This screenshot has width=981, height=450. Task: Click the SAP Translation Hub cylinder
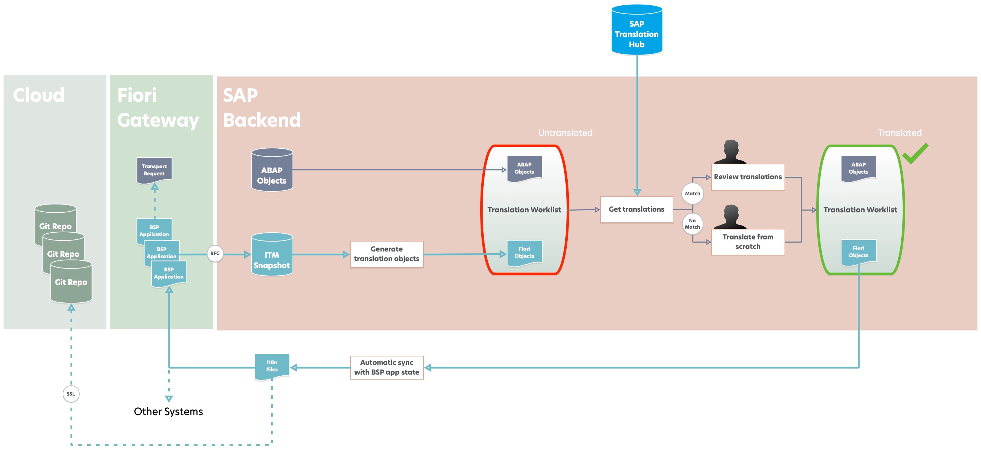point(637,31)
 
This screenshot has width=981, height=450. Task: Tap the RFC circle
point(215,254)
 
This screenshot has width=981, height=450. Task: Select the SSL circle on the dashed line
point(71,394)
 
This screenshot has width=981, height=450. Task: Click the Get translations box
point(636,210)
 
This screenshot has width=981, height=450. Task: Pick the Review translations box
point(747,177)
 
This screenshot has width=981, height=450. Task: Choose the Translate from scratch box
point(747,242)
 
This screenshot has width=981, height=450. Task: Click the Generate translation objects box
point(387,254)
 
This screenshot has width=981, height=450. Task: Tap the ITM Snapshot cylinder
point(272,255)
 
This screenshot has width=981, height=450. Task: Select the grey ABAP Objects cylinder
point(272,170)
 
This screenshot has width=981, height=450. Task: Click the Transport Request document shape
point(154,170)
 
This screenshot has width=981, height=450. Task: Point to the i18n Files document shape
point(272,366)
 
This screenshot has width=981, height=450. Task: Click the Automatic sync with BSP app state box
point(387,367)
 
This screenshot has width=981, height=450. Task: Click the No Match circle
point(692,224)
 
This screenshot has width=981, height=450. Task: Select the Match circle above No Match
point(692,194)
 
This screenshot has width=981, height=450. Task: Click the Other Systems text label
point(168,412)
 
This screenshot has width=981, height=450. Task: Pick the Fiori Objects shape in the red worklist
point(524,253)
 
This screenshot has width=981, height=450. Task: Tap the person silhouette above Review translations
point(730,152)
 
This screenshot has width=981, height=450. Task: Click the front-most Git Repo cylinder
point(71,282)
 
